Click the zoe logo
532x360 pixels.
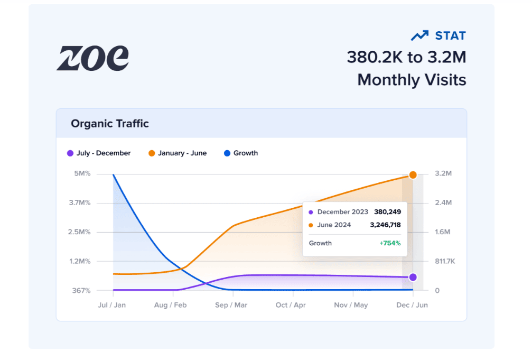(x=92, y=58)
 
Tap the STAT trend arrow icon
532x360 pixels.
(x=419, y=35)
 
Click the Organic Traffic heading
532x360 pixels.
(x=110, y=124)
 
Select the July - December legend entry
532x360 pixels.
(x=99, y=153)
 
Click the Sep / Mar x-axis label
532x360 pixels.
(x=232, y=305)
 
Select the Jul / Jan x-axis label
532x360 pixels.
(x=112, y=305)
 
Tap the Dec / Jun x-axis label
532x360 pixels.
(x=413, y=305)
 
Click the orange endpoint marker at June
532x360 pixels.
(x=413, y=174)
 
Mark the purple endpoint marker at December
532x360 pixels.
(x=413, y=277)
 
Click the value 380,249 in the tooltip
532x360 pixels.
(x=387, y=212)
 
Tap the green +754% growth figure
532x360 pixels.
(x=390, y=243)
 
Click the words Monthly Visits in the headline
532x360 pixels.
(x=412, y=80)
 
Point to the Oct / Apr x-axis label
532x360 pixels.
(x=291, y=305)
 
